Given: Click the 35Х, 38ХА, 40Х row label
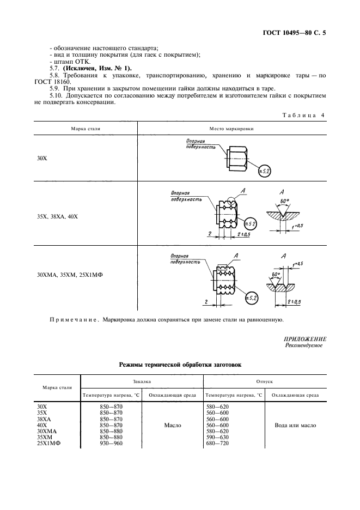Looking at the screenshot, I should click(x=50, y=216).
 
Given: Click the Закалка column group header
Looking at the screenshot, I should click(x=142, y=382).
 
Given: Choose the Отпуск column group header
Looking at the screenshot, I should click(x=264, y=382).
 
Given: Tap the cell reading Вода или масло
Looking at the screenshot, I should click(x=295, y=426).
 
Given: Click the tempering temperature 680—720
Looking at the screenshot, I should click(x=218, y=444).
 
